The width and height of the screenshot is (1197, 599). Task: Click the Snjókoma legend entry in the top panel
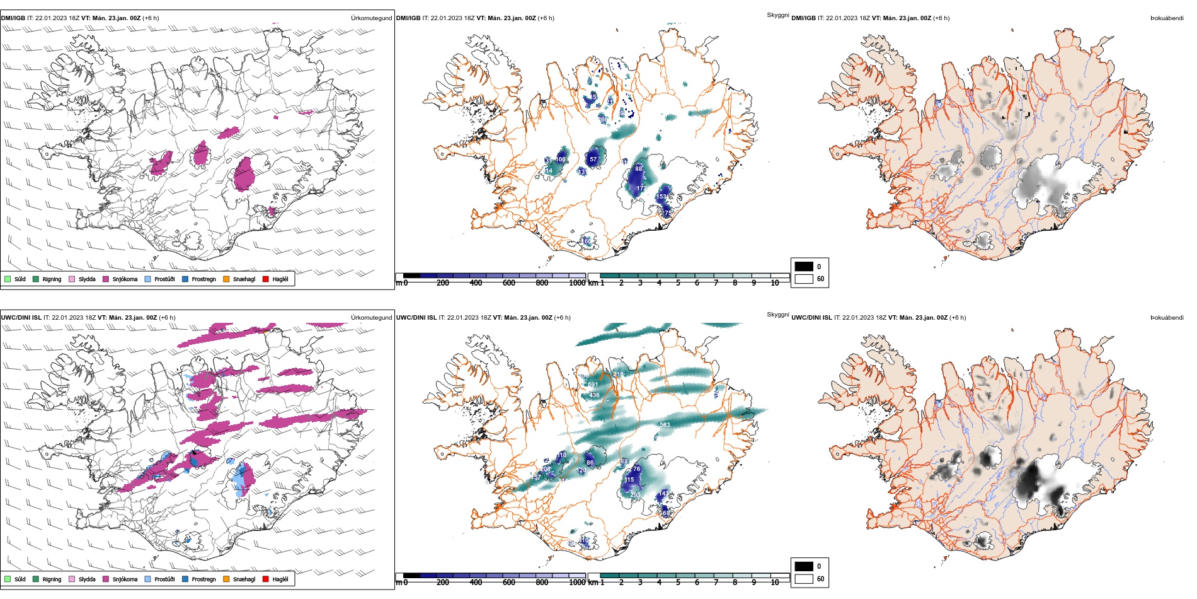click(124, 279)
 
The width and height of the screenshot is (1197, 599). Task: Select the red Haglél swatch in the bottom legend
click(266, 579)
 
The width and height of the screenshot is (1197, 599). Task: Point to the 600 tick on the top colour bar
click(509, 283)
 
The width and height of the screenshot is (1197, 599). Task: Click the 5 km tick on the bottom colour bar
click(678, 583)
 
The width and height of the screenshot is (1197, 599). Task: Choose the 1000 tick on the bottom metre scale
click(577, 583)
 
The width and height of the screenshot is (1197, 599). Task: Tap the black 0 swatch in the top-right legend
click(804, 266)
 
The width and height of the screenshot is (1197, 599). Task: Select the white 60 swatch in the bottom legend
click(804, 578)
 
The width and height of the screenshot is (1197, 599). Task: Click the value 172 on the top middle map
click(641, 189)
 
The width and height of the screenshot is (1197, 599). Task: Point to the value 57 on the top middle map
click(593, 160)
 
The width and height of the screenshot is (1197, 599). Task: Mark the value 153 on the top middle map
click(661, 197)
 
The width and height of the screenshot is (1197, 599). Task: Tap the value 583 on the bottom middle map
click(665, 425)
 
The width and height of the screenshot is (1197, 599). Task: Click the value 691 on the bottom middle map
click(593, 385)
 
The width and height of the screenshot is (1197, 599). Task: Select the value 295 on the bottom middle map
click(635, 495)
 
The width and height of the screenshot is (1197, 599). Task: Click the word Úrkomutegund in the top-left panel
click(371, 18)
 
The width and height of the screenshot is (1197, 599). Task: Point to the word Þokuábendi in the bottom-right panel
click(1167, 318)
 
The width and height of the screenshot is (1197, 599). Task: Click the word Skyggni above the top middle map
click(777, 15)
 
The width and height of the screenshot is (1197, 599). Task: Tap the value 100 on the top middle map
click(560, 160)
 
